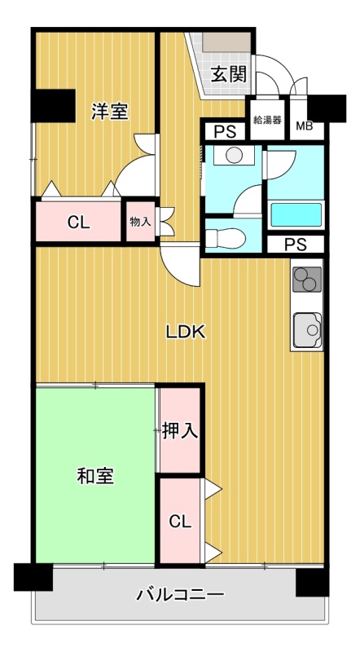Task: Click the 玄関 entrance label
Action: [229, 74]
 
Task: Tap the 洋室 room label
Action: [110, 112]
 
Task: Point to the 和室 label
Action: [96, 476]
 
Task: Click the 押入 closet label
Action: [179, 431]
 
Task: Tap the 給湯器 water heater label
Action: [268, 120]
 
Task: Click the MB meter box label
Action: [305, 126]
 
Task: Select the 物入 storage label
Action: [140, 221]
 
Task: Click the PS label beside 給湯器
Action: [225, 132]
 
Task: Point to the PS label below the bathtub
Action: [296, 244]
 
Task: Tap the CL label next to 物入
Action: [79, 222]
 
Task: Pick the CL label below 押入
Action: [180, 521]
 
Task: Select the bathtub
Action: [296, 214]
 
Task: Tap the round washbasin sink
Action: [234, 155]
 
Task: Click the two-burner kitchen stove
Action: [307, 279]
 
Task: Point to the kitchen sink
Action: [307, 330]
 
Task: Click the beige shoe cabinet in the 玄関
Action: [227, 42]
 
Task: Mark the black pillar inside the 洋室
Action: [54, 106]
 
